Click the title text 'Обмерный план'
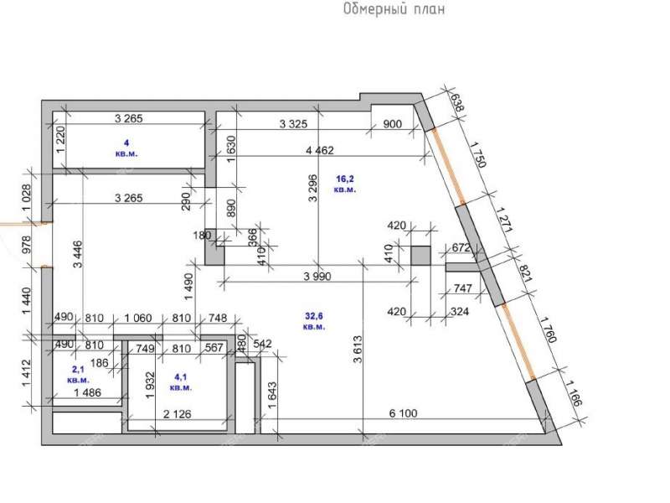(x=392, y=10)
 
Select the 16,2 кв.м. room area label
(x=344, y=184)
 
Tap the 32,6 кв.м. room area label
(x=314, y=321)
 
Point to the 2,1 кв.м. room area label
(x=79, y=373)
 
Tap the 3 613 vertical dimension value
(x=358, y=348)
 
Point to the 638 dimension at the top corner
(x=457, y=102)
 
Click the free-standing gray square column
(x=420, y=256)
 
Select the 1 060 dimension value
(x=138, y=318)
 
